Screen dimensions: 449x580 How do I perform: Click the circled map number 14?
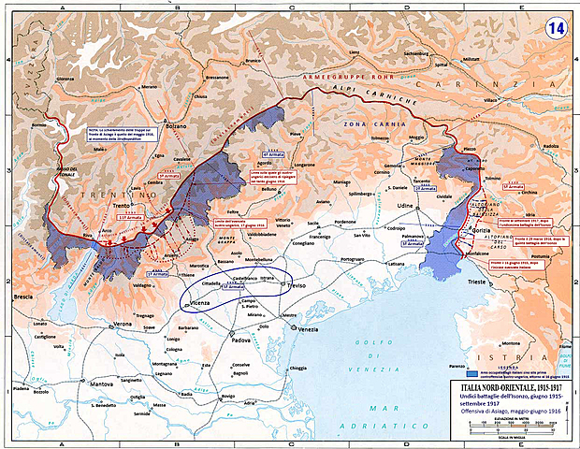tap(556, 27)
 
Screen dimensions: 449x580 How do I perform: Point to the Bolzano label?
tap(178, 125)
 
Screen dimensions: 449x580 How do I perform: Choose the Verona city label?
tap(122, 324)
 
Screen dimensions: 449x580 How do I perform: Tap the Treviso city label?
tap(299, 284)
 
